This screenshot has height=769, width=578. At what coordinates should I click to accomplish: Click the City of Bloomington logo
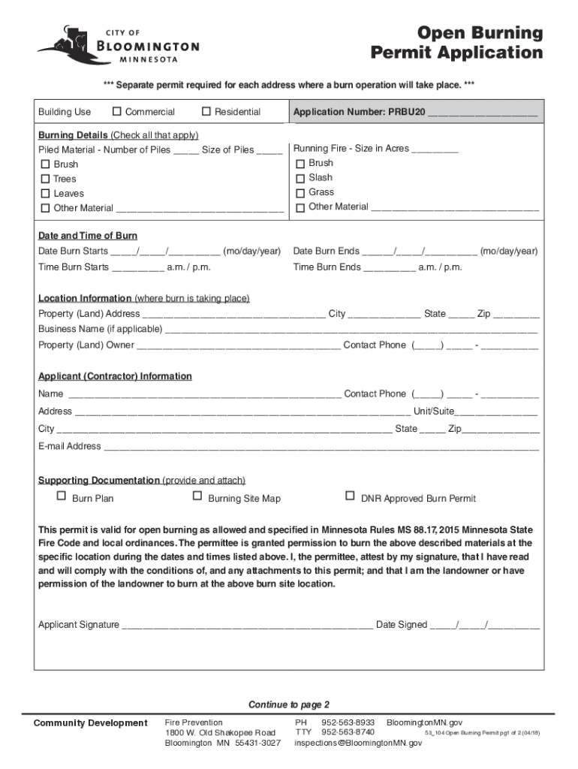118,47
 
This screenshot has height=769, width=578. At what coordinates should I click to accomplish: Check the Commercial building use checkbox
117,112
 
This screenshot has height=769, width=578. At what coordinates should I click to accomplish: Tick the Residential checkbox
206,112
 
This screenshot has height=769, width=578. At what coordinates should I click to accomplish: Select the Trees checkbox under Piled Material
45,179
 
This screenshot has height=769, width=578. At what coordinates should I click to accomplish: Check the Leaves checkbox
45,194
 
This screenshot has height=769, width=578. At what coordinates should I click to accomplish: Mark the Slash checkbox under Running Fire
301,178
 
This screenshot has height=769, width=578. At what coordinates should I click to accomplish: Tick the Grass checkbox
301,192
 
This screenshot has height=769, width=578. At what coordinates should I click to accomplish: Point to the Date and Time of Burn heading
88,236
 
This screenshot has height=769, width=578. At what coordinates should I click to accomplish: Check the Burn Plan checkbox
62,496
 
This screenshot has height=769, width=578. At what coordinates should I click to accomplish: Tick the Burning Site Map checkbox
197,496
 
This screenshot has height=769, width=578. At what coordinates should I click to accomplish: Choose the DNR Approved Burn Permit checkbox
349,496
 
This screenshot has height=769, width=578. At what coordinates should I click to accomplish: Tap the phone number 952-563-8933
348,722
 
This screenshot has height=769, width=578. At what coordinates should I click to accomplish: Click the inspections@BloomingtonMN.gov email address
358,743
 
